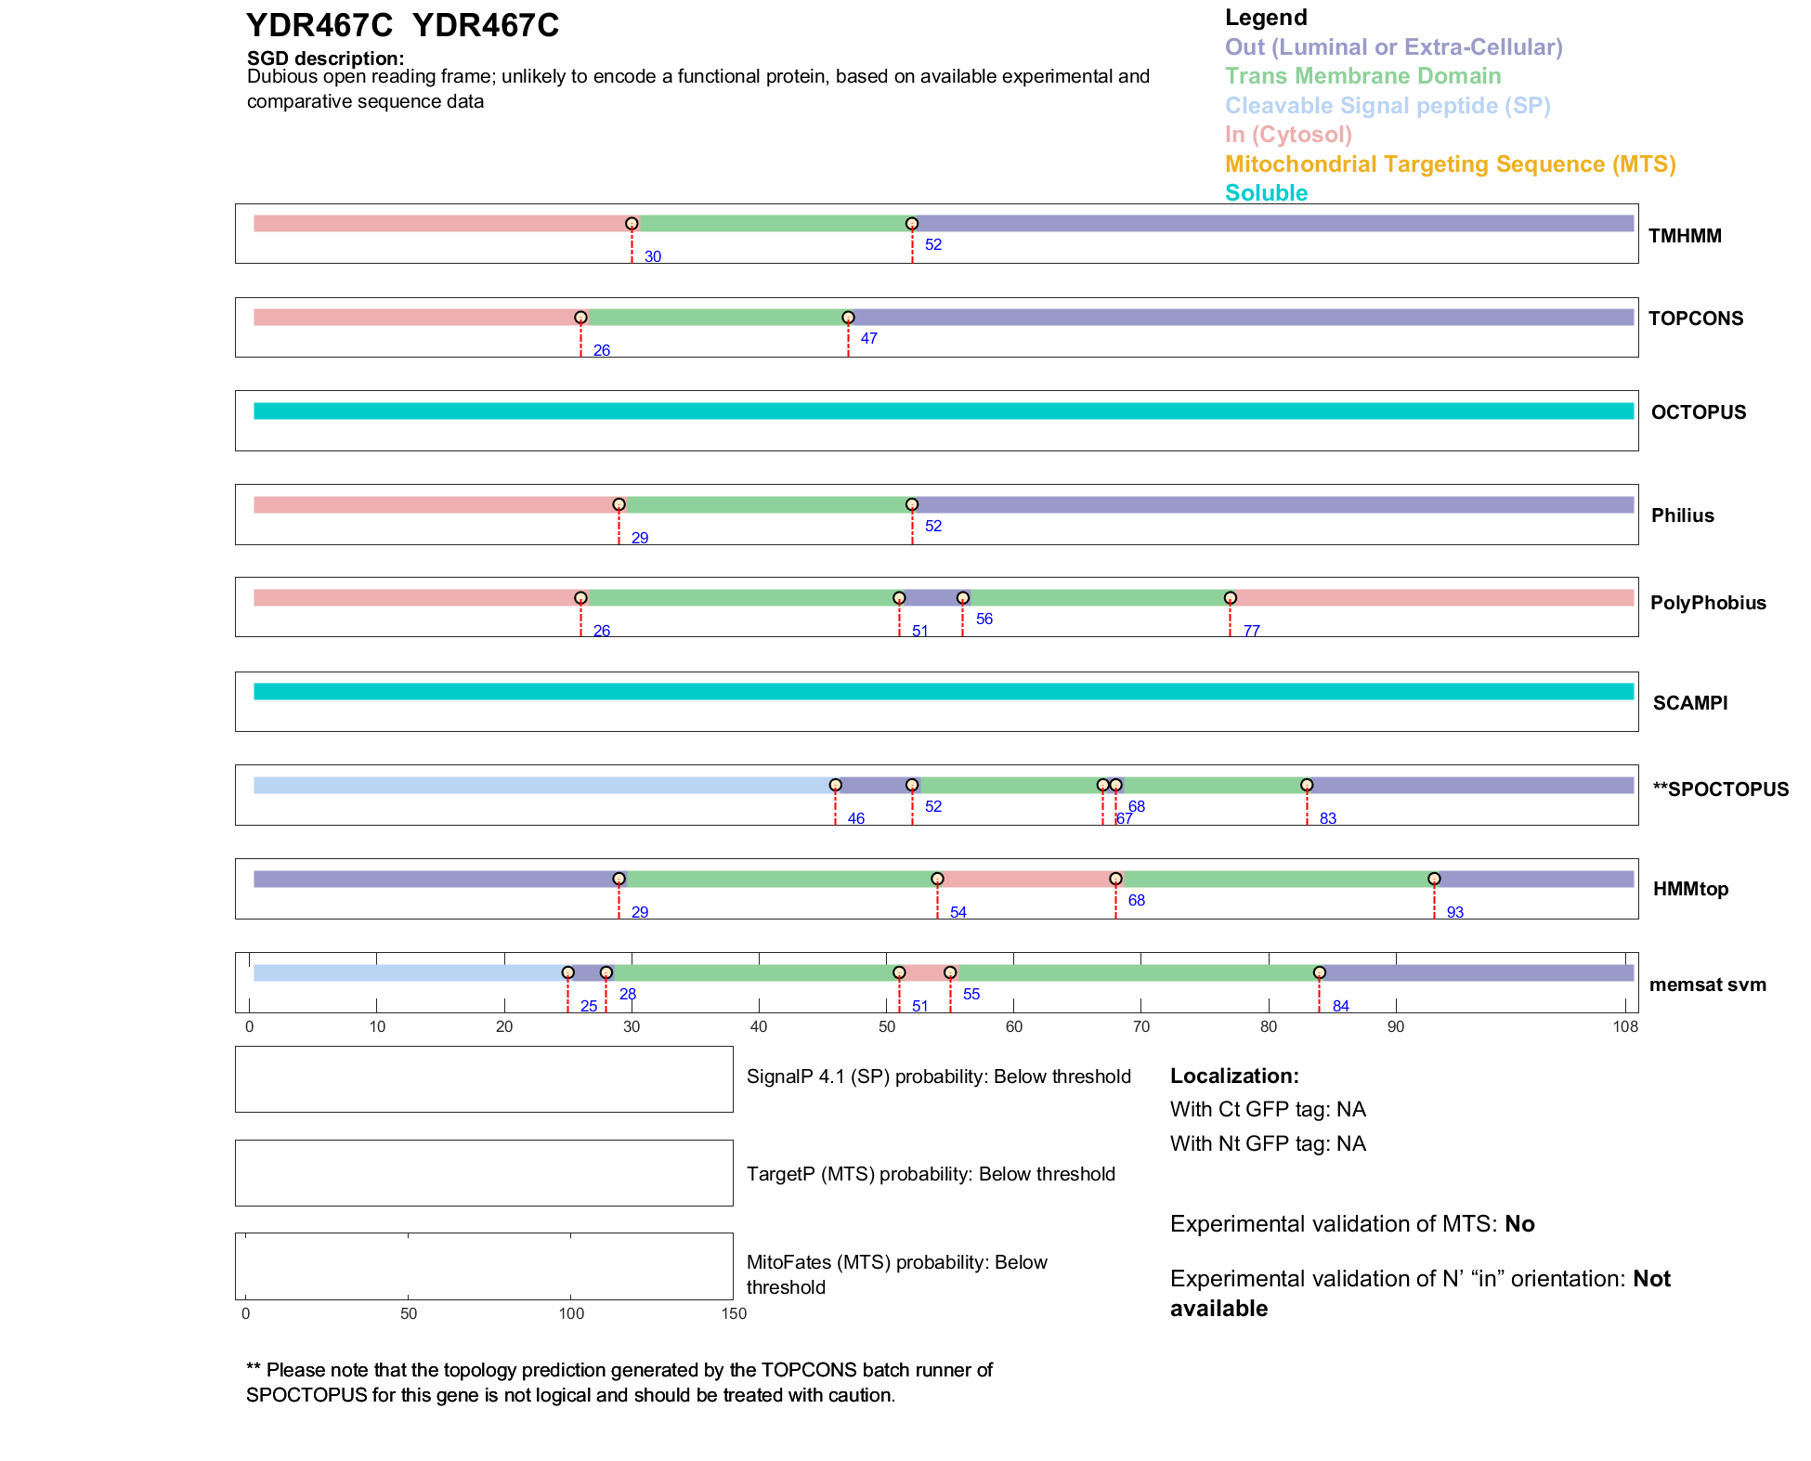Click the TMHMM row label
coord(1684,236)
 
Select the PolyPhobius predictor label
coord(1707,603)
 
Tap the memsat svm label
coord(1707,985)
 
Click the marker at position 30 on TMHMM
coord(632,224)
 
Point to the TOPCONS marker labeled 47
coord(848,318)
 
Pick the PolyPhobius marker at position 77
coord(1230,598)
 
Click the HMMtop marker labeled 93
coord(1434,879)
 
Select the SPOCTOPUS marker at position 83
coord(1307,785)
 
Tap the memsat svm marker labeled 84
coord(1319,972)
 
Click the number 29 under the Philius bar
coord(640,539)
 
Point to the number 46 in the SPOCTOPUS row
coord(855,819)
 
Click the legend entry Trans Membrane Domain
coord(1362,76)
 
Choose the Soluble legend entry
coord(1266,193)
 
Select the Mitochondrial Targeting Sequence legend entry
coord(1450,164)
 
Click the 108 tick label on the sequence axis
coord(1625,1027)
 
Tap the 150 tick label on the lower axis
coord(734,1314)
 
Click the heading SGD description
coord(325,59)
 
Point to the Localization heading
coord(1234,1076)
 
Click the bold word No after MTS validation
coord(1519,1224)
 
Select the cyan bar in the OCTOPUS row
coord(943,411)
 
